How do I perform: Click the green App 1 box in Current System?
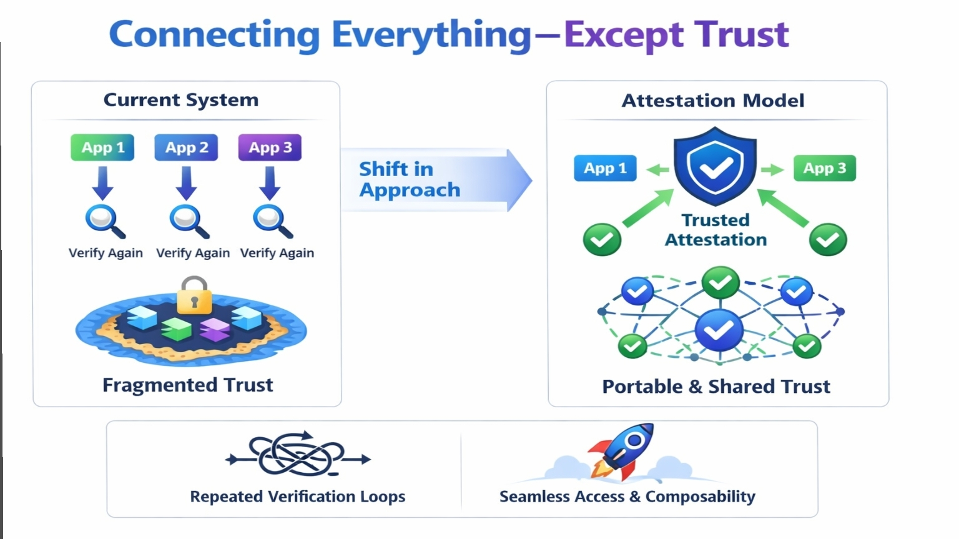click(102, 148)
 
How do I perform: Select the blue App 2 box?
click(186, 148)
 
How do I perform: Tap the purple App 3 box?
click(270, 148)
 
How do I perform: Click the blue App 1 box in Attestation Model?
click(605, 168)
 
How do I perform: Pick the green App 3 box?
click(824, 168)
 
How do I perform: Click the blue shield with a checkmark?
click(715, 166)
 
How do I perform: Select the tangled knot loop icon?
click(298, 455)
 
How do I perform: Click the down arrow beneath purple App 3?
click(270, 184)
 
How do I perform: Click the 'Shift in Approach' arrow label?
click(410, 179)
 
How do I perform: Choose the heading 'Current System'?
click(181, 100)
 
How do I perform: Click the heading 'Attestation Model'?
click(713, 101)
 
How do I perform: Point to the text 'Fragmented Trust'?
click(187, 385)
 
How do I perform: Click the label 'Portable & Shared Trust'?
click(716, 387)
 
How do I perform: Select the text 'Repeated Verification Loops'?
click(297, 497)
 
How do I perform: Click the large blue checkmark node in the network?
click(719, 330)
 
